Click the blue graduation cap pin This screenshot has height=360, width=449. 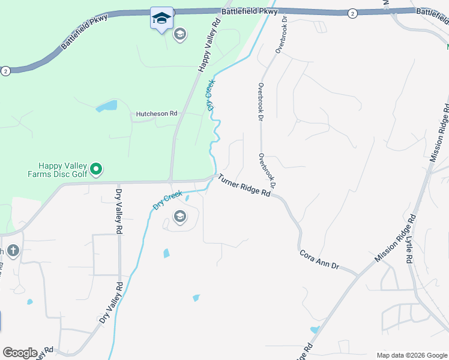pyautogui.click(x=161, y=18)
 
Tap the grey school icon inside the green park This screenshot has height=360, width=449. pyautogui.click(x=179, y=35)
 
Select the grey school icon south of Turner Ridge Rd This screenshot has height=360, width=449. pyautogui.click(x=179, y=217)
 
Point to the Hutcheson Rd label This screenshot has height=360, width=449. pyautogui.click(x=157, y=113)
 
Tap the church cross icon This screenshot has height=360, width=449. pyautogui.click(x=13, y=250)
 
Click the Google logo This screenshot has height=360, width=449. pyautogui.click(x=20, y=353)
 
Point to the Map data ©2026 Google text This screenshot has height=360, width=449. pyautogui.click(x=411, y=355)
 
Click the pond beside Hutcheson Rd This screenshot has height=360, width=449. pyautogui.click(x=106, y=107)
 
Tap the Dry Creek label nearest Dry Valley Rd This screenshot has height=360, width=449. pyautogui.click(x=167, y=199)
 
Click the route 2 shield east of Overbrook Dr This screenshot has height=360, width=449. pyautogui.click(x=351, y=13)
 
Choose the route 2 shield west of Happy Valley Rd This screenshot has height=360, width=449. pyautogui.click(x=5, y=70)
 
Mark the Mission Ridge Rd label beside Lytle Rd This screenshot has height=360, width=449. pyautogui.click(x=395, y=239)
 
